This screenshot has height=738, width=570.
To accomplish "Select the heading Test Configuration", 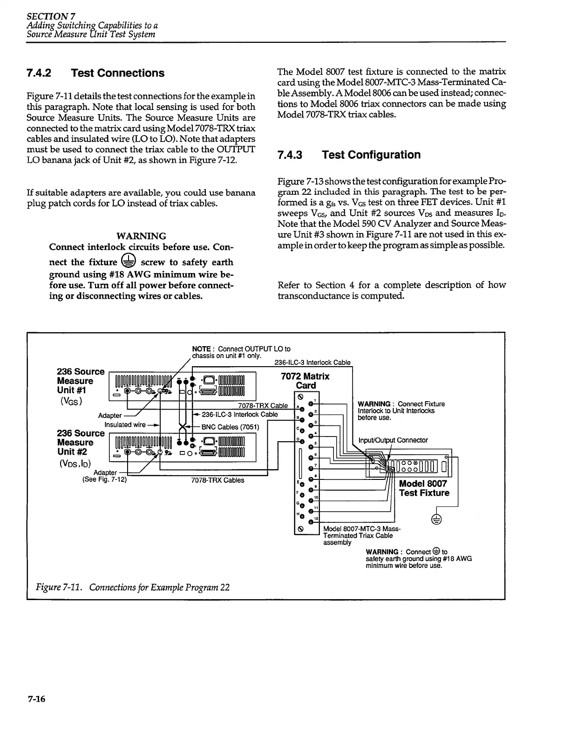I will pyautogui.click(x=371, y=155).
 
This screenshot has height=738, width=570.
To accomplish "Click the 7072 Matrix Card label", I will pyautogui.click(x=305, y=381).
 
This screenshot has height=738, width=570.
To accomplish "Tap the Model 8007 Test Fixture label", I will pyautogui.click(x=424, y=488).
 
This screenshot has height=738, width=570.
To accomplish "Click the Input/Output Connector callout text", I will pyautogui.click(x=393, y=440).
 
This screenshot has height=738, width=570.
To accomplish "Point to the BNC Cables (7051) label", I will pyautogui.click(x=230, y=427).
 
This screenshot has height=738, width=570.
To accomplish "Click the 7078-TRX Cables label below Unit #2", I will pyautogui.click(x=217, y=480).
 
